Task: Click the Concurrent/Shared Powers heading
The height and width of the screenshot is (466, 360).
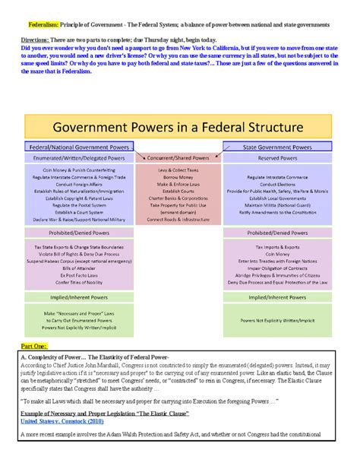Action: coord(178,157)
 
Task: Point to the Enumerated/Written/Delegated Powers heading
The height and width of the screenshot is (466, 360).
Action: coord(79,157)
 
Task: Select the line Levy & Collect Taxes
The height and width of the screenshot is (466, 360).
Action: coord(178,170)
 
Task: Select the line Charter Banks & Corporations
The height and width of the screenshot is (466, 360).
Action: coord(178,198)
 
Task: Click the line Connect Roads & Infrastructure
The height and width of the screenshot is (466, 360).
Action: coord(178,219)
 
